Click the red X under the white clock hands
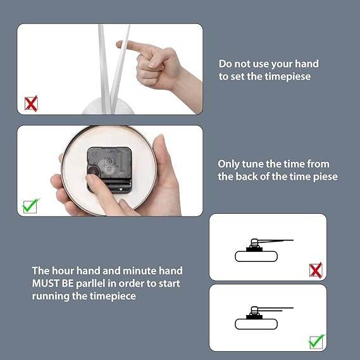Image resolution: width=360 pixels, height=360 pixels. pos(31,104)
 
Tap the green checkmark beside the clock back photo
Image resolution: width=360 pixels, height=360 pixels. pos(30,206)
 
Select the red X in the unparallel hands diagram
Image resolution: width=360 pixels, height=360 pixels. pos(316,270)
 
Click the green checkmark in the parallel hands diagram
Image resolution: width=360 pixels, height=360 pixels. pos(316,342)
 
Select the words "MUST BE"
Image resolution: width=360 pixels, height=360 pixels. pos(53,283)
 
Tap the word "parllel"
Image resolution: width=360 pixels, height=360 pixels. pos(90,284)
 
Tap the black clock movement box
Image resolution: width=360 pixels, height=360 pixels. pos(109,170)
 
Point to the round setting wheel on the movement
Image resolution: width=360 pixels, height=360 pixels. pos(94,171)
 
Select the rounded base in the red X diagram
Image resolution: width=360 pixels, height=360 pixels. pos(256,256)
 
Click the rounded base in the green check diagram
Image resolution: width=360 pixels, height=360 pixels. pos(256,324)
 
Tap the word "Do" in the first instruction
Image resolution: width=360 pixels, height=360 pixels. pos(225,64)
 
